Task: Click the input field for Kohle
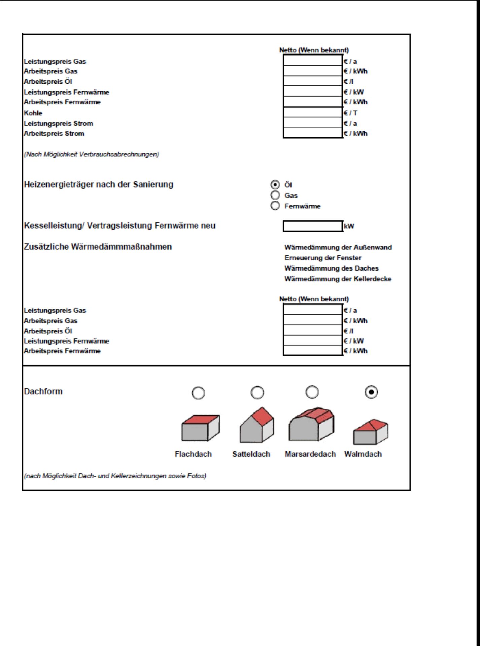coord(313,113)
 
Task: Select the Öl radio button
coord(275,185)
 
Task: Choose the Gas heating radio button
coord(275,195)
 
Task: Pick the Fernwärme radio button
coord(275,206)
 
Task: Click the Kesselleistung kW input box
coord(313,226)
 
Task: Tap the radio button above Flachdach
coord(198,393)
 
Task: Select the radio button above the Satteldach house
coord(258,392)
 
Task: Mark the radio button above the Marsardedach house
coord(312,392)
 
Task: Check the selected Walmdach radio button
coord(371,392)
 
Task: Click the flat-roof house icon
coord(200,428)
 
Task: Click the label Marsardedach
coord(310,454)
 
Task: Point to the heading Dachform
coord(43,392)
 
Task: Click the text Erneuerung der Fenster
coord(323,258)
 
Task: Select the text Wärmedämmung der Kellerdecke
coord(338,279)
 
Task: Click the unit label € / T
coord(350,113)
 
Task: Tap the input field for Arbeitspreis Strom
coord(313,133)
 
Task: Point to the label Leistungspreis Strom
coord(58,123)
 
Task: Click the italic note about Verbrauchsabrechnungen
coord(91,154)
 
